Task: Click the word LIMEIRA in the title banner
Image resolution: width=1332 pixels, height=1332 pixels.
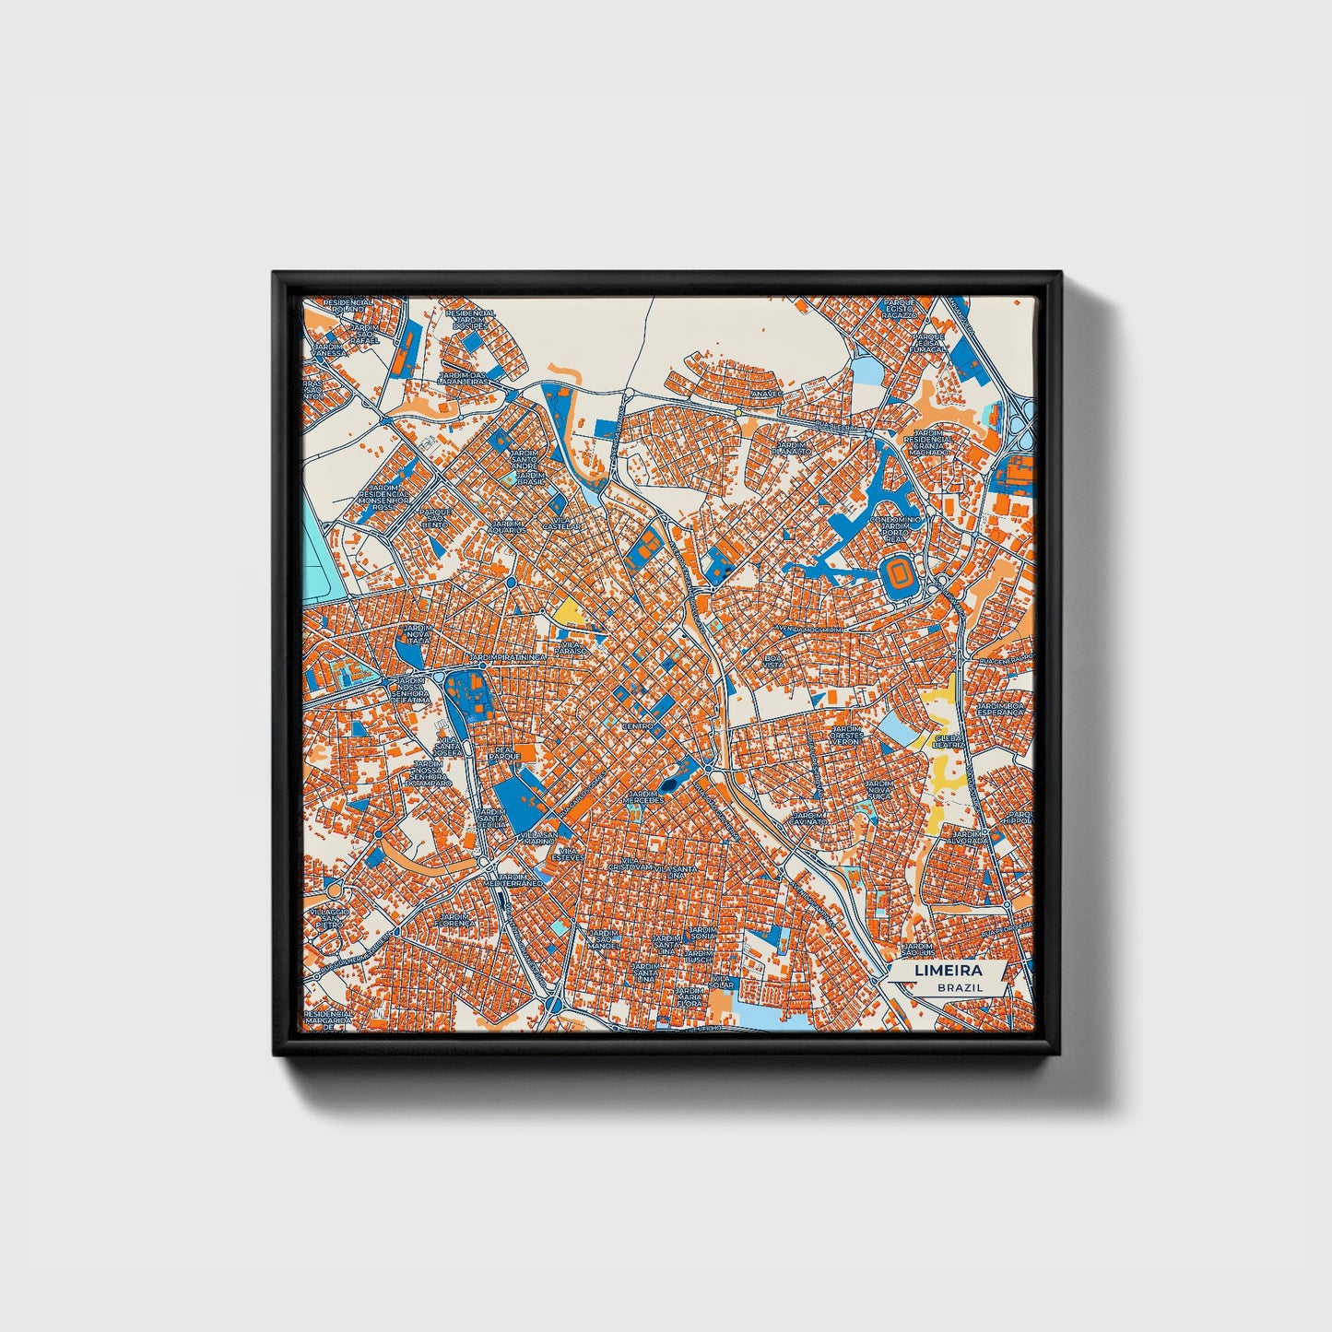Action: pyautogui.click(x=948, y=971)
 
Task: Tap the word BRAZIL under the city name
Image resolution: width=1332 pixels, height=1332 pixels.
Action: pyautogui.click(x=960, y=987)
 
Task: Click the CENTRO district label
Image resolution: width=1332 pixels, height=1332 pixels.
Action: pyautogui.click(x=638, y=726)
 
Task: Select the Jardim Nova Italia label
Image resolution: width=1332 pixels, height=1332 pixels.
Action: pyautogui.click(x=418, y=637)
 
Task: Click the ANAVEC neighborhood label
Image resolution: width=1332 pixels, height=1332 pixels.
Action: pyautogui.click(x=766, y=394)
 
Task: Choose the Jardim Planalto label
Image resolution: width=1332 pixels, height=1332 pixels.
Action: pyautogui.click(x=792, y=449)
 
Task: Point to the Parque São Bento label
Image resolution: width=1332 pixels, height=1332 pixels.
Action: pyautogui.click(x=435, y=518)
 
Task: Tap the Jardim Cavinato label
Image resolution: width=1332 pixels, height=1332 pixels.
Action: pyautogui.click(x=811, y=819)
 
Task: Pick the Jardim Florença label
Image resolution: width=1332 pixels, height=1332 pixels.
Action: pyautogui.click(x=457, y=920)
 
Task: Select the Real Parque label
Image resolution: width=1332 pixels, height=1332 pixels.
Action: pyautogui.click(x=505, y=755)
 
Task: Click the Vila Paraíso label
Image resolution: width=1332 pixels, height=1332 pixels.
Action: pyautogui.click(x=570, y=648)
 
